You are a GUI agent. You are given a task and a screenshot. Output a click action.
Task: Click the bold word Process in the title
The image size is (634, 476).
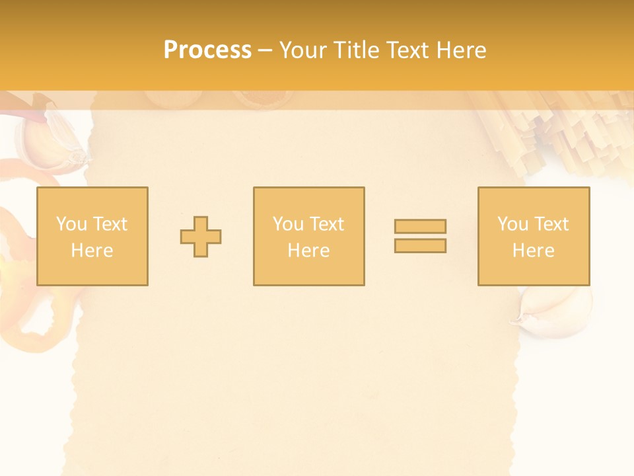click(x=207, y=50)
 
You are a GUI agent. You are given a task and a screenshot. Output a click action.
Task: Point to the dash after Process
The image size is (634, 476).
click(x=265, y=50)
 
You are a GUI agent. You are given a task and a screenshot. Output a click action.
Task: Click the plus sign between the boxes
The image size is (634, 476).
click(x=201, y=237)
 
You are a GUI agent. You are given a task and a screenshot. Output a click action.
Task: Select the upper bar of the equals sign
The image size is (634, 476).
click(x=420, y=226)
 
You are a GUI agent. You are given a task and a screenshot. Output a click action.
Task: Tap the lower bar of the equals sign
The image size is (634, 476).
click(x=420, y=245)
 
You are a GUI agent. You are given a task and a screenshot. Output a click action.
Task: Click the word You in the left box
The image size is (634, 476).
click(x=71, y=224)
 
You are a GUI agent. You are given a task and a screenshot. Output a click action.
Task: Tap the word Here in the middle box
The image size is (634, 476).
click(x=309, y=251)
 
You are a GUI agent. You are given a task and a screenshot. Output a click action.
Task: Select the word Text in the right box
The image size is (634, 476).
click(x=551, y=224)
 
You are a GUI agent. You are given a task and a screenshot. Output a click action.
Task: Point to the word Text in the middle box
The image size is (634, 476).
click(x=326, y=224)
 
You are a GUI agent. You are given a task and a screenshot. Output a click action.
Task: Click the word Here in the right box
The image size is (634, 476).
click(x=534, y=251)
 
